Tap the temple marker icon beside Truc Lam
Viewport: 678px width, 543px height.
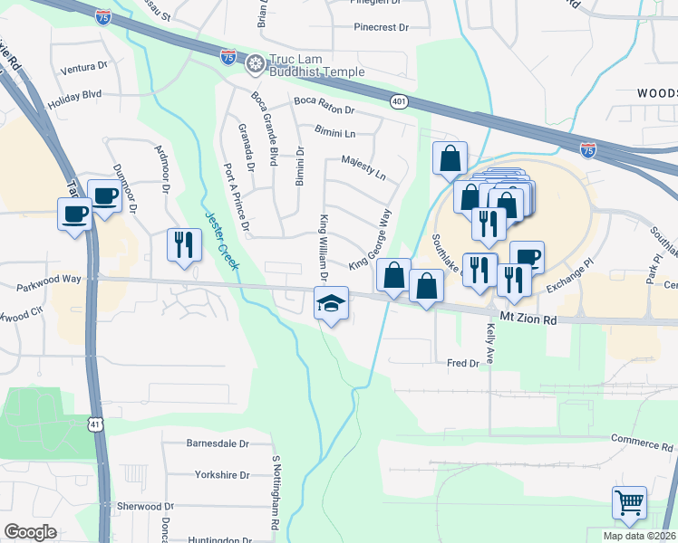coord(256,62)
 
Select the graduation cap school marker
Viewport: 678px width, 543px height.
coord(331,304)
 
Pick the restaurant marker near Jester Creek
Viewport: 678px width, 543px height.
coord(184,244)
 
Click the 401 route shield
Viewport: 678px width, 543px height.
coord(399,101)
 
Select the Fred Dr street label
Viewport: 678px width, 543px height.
coord(462,363)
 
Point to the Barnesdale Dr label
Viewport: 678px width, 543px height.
coord(217,443)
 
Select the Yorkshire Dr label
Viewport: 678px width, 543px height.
coord(221,474)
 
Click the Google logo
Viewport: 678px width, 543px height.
coord(30,532)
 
